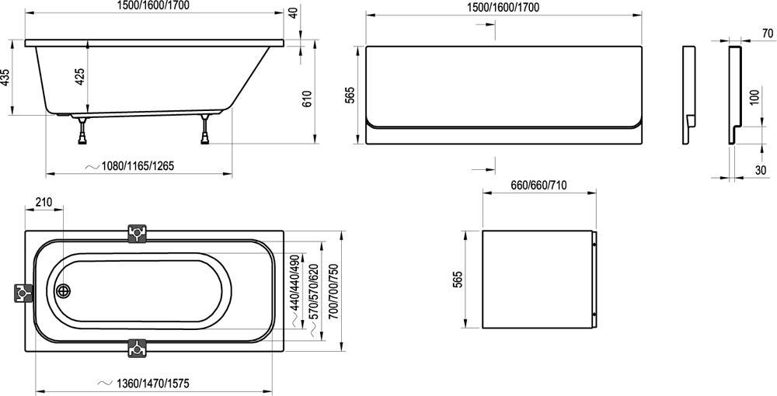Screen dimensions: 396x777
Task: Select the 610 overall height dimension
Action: click(308, 99)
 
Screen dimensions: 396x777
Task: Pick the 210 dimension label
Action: click(44, 203)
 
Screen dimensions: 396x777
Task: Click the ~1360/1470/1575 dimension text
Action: click(152, 383)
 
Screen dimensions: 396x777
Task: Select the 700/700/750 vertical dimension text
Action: click(333, 288)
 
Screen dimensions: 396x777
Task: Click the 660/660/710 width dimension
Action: click(538, 186)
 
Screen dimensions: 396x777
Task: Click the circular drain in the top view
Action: click(63, 292)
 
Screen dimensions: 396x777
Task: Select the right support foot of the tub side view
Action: click(206, 130)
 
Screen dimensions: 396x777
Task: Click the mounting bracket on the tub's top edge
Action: click(138, 233)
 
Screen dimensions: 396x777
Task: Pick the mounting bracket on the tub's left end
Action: click(23, 293)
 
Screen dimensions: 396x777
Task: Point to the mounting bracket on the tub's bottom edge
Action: click(138, 347)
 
